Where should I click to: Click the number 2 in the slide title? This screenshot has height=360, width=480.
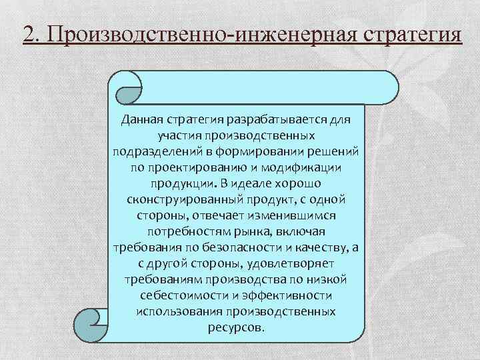[27, 33]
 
